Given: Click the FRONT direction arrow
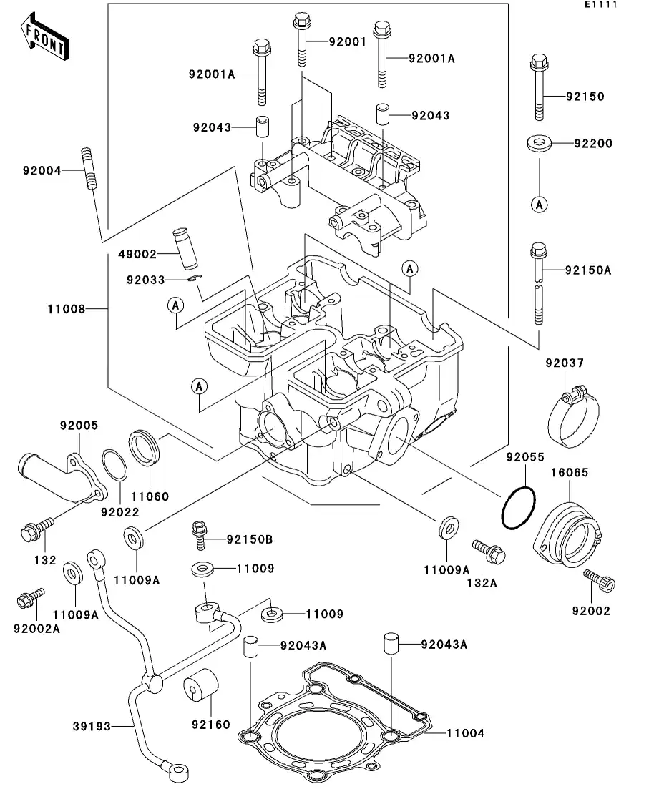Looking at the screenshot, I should point(45,39).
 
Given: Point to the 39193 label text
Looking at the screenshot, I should point(92,727).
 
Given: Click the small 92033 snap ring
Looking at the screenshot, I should point(195,279).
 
